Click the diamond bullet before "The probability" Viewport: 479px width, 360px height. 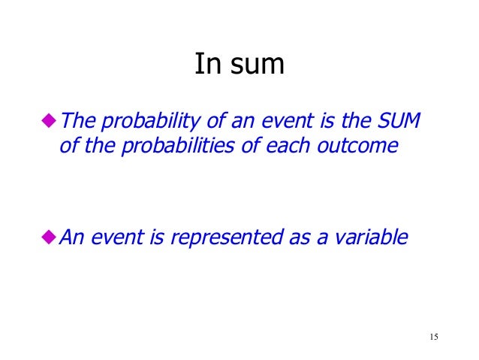coord(50,120)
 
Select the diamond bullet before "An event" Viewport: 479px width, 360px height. coord(50,237)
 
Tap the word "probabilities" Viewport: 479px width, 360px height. coord(182,147)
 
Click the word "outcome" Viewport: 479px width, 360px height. coord(359,145)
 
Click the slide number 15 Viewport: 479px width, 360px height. coord(433,336)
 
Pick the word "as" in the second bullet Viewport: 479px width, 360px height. coord(306,238)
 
